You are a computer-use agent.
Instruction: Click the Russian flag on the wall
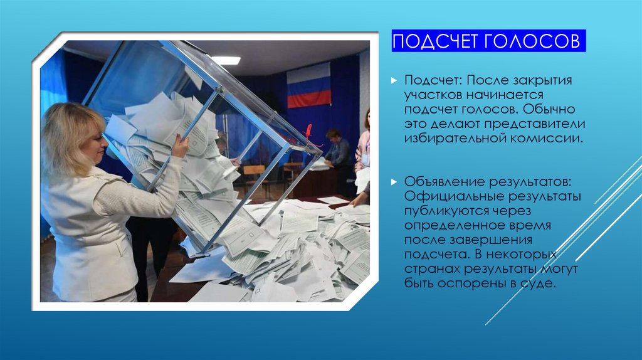308,85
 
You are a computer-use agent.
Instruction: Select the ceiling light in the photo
225,60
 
